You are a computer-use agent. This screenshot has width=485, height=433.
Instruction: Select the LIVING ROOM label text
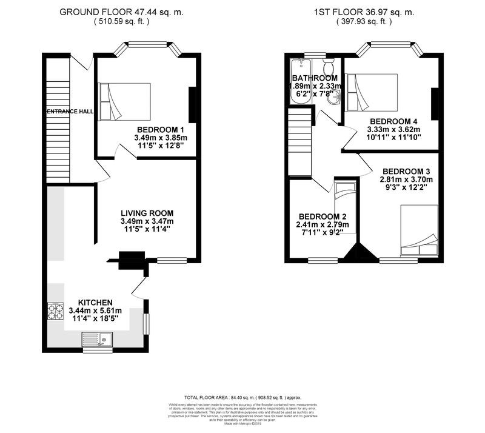point(147,213)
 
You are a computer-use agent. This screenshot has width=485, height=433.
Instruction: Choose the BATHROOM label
point(315,78)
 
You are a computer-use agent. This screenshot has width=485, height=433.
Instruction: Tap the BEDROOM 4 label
point(395,121)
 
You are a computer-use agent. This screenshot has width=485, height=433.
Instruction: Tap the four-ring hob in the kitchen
point(56,312)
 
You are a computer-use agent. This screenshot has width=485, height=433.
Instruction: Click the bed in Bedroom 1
point(125,101)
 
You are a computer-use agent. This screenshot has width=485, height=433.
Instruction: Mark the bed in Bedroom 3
point(419,230)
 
